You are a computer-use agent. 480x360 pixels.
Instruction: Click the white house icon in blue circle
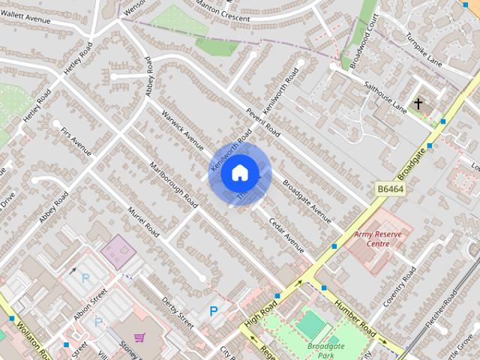(x=239, y=174)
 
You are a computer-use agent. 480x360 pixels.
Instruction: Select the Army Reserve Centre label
(x=378, y=238)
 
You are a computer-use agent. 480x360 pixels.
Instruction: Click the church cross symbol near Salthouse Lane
(x=417, y=103)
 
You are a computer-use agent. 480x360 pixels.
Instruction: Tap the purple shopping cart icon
(x=139, y=338)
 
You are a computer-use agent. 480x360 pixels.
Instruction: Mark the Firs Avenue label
(x=77, y=142)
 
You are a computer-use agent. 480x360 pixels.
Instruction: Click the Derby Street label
(x=177, y=312)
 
